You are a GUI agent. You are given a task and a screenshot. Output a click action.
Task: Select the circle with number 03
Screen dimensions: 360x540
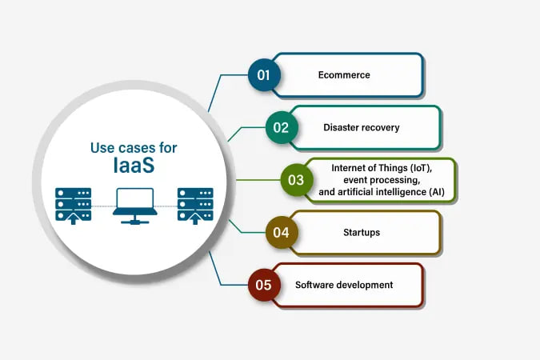click(296, 180)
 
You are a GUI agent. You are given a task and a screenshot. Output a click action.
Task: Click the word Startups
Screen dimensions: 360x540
click(362, 233)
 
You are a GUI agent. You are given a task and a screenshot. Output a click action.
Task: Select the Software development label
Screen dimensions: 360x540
click(344, 285)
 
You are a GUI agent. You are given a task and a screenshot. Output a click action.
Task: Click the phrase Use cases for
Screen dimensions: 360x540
click(134, 147)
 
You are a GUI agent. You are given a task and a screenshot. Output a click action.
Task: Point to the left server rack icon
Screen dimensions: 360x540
click(73, 205)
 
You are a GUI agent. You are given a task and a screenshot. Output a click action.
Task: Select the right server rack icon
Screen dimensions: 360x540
click(194, 205)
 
